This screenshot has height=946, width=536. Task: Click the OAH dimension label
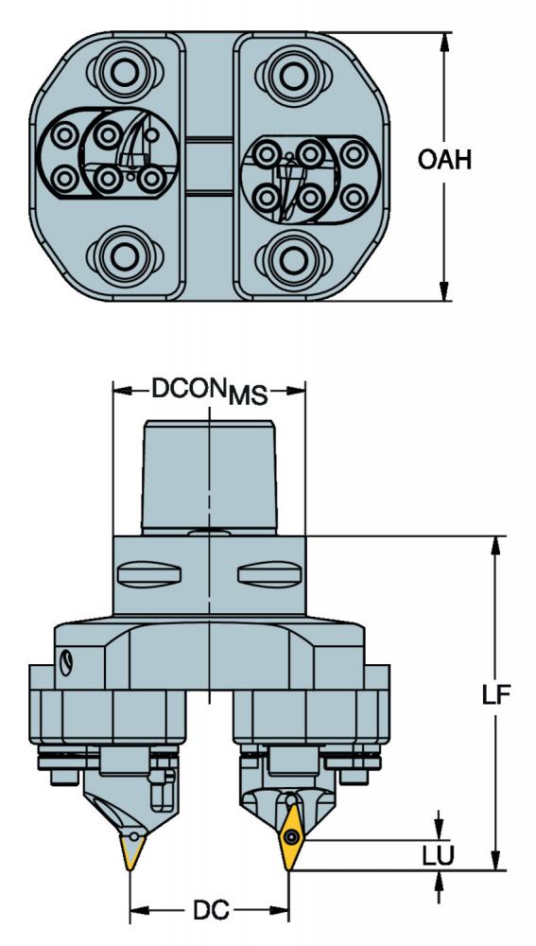[444, 161]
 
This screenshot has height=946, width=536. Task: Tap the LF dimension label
[496, 697]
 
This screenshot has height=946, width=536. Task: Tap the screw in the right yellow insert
[292, 836]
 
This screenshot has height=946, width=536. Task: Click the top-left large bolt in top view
[124, 73]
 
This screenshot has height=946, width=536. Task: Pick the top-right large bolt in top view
[293, 73]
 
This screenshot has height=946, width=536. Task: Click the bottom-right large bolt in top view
[293, 259]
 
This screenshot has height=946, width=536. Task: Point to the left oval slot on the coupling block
[149, 574]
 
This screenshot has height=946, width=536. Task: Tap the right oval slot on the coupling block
[268, 574]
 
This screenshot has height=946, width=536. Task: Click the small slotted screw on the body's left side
[67, 663]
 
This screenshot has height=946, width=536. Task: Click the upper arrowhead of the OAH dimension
[444, 43]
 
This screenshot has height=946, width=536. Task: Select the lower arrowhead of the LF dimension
[496, 860]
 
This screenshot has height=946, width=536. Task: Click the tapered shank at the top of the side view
[209, 477]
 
